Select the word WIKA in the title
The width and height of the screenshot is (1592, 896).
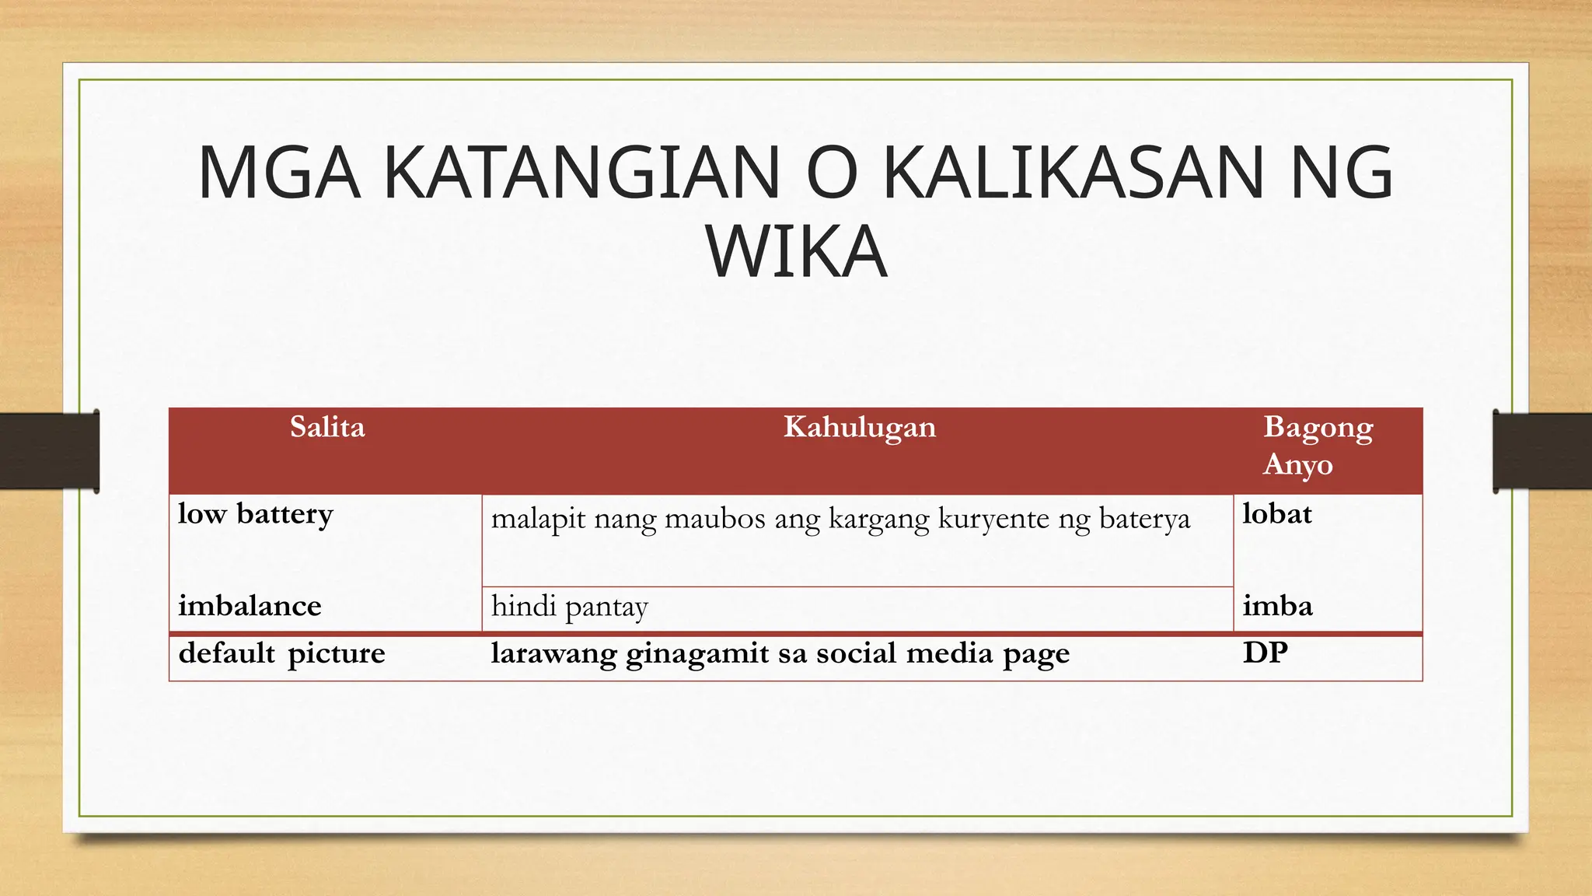(x=796, y=251)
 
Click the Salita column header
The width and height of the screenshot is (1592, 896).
(x=327, y=427)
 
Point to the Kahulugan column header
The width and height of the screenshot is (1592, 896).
(x=859, y=427)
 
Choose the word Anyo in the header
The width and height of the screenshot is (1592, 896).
(x=1297, y=464)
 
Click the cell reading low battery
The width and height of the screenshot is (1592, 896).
(x=256, y=514)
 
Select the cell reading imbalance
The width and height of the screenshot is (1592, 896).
(x=250, y=606)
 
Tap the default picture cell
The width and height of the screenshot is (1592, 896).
(x=281, y=653)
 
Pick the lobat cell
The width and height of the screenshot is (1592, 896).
(x=1276, y=514)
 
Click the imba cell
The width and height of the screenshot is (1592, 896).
(x=1277, y=606)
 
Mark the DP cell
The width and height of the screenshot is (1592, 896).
(x=1265, y=653)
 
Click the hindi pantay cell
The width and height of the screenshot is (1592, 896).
(x=569, y=607)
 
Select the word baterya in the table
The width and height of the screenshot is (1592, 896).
(x=1144, y=519)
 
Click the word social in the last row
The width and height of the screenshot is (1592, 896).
(x=857, y=653)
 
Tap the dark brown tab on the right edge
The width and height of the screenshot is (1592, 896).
(x=1542, y=451)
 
